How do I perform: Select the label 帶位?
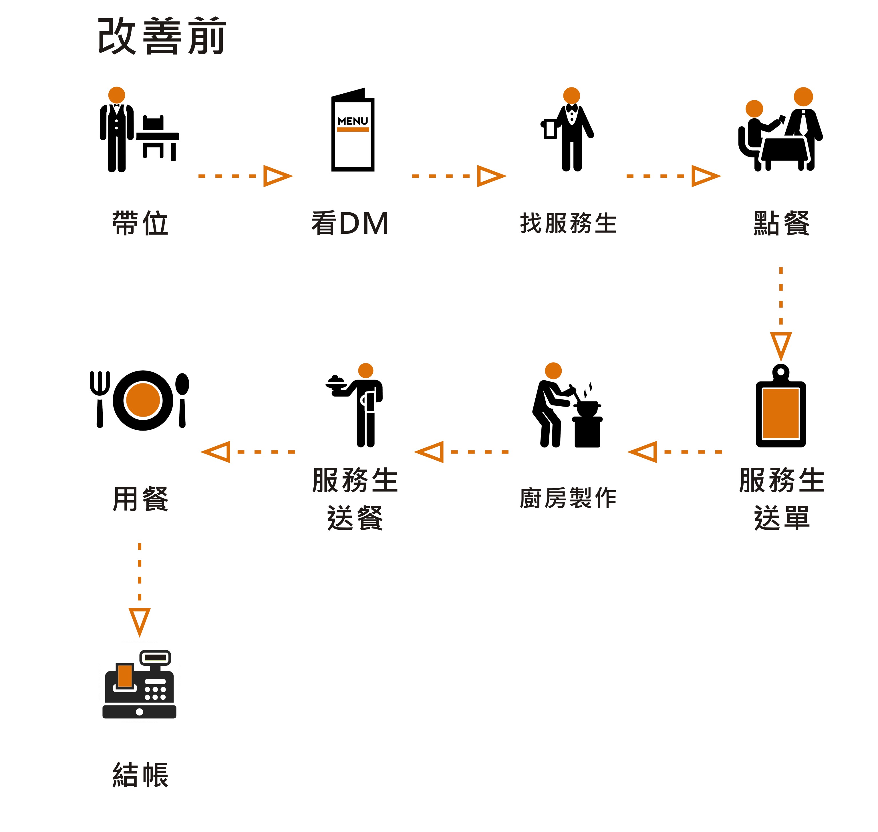pyautogui.click(x=140, y=223)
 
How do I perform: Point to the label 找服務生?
pyautogui.click(x=568, y=223)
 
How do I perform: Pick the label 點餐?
pyautogui.click(x=781, y=223)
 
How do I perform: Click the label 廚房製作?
pyautogui.click(x=568, y=498)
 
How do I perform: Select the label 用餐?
pyautogui.click(x=140, y=499)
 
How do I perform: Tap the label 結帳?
pyautogui.click(x=140, y=775)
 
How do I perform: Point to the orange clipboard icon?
pyautogui.click(x=780, y=413)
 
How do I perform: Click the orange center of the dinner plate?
pyautogui.click(x=143, y=400)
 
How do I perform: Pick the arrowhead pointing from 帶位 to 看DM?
pyautogui.click(x=276, y=176)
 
